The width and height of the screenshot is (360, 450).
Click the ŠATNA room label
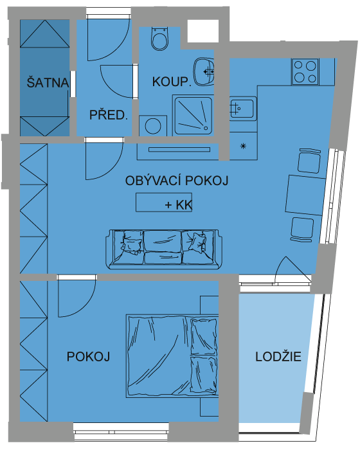coord(48,83)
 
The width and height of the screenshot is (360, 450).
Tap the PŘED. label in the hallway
coord(108,115)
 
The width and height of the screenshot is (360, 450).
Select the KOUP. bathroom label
coord(172,82)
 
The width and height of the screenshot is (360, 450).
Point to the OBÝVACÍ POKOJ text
coord(177,181)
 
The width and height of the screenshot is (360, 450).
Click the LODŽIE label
coord(278,356)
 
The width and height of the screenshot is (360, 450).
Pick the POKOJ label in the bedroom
coord(88,356)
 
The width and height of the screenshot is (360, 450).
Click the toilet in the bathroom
coord(159,39)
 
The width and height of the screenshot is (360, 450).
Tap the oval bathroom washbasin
coord(204,72)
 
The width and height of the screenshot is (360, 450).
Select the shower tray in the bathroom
coord(194,116)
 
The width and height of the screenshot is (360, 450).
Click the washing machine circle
coord(153,126)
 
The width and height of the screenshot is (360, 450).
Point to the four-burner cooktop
coord(305,72)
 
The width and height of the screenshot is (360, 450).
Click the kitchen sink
coord(243,109)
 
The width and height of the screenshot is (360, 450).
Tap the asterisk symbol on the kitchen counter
coord(243,147)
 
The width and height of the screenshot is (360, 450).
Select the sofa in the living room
coord(164,249)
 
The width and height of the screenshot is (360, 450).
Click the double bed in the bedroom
coord(172,356)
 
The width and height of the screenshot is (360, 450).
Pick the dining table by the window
coord(305,195)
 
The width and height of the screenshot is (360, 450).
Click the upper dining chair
coord(309,161)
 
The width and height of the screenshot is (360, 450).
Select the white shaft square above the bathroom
coord(203,31)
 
